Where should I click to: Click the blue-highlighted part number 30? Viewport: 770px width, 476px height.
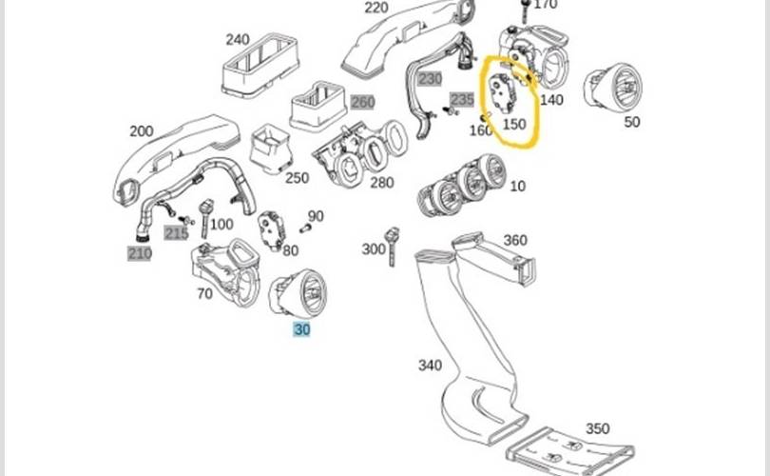tap(301, 329)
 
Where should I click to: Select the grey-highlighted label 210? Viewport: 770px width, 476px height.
tap(140, 254)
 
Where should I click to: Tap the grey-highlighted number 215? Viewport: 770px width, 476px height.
tap(176, 233)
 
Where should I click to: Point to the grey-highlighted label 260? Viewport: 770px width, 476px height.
tap(363, 102)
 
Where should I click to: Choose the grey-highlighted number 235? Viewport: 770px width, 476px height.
tap(462, 100)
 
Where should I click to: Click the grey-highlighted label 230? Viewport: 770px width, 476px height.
tap(430, 79)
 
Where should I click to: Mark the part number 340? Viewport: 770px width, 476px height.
tap(430, 366)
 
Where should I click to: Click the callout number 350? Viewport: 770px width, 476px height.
tap(597, 428)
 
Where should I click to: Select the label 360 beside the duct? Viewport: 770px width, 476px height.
tap(515, 240)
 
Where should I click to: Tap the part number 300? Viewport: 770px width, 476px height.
tap(374, 249)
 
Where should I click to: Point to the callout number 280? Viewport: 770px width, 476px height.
tap(381, 183)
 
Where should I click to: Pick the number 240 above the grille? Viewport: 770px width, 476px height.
tap(238, 39)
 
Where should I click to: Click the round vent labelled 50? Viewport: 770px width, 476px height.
tap(612, 88)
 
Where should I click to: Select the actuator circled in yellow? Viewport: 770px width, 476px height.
tap(503, 93)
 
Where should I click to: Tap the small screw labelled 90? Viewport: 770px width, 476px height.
tap(305, 228)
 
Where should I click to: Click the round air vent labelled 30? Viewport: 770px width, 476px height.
tap(298, 292)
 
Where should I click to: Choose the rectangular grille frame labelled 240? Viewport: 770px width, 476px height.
tap(260, 65)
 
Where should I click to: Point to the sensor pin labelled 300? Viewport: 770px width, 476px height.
tap(392, 246)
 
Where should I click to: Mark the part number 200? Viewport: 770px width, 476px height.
tap(141, 131)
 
